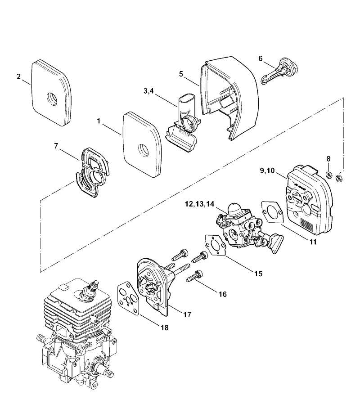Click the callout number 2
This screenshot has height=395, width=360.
18,76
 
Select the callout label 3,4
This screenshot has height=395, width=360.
148,91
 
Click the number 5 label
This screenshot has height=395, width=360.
181,74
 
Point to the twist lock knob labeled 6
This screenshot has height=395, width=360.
279,71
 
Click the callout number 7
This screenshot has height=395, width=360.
56,146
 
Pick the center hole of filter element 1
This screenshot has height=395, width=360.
144,150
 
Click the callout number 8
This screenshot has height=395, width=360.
328,159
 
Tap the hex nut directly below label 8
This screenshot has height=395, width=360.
328,174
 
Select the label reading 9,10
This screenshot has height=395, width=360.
267,171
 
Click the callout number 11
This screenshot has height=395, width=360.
313,242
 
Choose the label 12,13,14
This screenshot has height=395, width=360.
199,204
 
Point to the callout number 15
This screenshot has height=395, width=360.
258,274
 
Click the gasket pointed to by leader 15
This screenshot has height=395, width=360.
215,245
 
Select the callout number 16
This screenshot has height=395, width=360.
223,294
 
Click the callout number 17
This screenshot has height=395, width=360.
187,314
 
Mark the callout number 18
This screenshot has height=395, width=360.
165,328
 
